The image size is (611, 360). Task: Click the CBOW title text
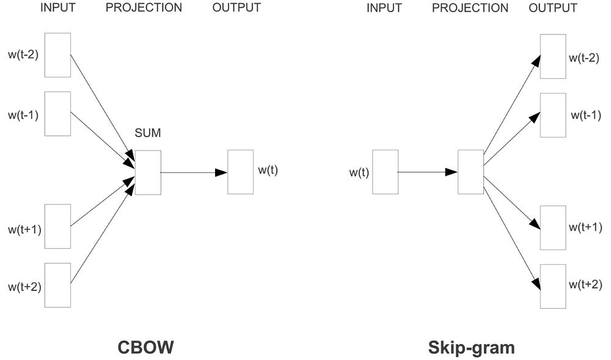click(x=145, y=348)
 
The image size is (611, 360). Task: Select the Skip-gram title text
click(x=471, y=348)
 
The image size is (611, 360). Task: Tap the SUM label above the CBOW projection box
click(x=147, y=133)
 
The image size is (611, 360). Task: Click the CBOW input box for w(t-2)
click(x=57, y=55)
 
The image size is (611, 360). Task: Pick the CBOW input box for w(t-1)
click(x=57, y=114)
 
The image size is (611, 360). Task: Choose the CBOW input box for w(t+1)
click(x=57, y=226)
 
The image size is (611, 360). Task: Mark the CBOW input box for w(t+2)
click(x=57, y=285)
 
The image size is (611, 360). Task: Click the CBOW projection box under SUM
click(x=148, y=172)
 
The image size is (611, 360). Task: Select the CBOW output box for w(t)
click(x=240, y=172)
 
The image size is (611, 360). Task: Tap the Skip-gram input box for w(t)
click(x=385, y=172)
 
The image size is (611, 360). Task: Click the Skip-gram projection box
click(x=470, y=172)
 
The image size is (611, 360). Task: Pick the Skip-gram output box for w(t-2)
click(x=553, y=56)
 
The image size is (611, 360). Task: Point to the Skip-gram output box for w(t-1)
click(x=553, y=115)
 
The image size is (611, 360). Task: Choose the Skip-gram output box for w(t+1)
click(x=553, y=227)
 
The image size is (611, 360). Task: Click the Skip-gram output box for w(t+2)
click(x=553, y=286)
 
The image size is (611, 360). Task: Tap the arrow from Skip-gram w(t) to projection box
click(x=428, y=172)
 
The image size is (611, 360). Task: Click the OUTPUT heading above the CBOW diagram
click(x=236, y=8)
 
